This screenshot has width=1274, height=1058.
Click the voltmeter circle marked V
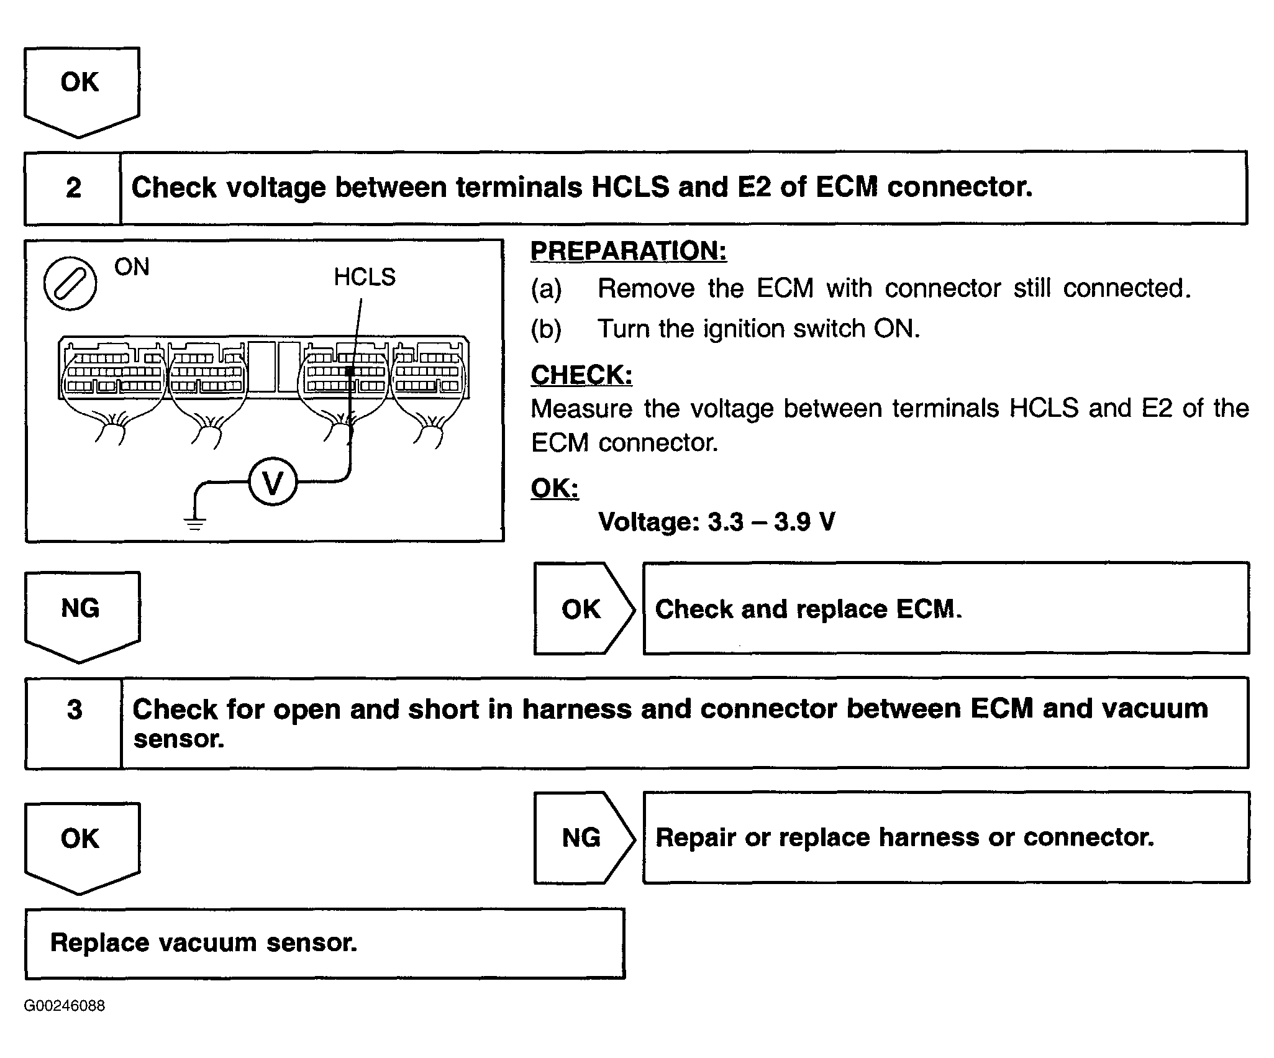coord(273,481)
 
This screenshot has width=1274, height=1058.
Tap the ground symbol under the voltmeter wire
coord(195,524)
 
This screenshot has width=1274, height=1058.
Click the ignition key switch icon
coord(70,283)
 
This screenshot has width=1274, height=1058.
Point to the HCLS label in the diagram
coord(365,277)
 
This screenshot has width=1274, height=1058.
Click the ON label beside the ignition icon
coord(132,267)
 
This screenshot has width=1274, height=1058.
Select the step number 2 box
coord(73,188)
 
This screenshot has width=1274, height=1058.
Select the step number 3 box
coord(73,723)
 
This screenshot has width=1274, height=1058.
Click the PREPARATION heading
coord(629,251)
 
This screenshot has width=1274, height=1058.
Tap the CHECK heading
coord(581,375)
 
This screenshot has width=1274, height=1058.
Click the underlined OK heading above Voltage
coord(555,488)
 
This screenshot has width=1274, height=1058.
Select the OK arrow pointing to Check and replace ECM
coord(585,609)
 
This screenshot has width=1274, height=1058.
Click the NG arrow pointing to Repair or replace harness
coord(585,837)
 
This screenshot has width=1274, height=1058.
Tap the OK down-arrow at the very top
coord(81,93)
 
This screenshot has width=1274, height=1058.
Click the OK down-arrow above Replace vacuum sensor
coord(82,849)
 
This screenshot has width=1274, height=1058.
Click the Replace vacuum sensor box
coord(325,943)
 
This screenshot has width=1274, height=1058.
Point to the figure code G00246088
coord(65,1006)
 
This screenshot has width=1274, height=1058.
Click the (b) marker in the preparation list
coord(546,329)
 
